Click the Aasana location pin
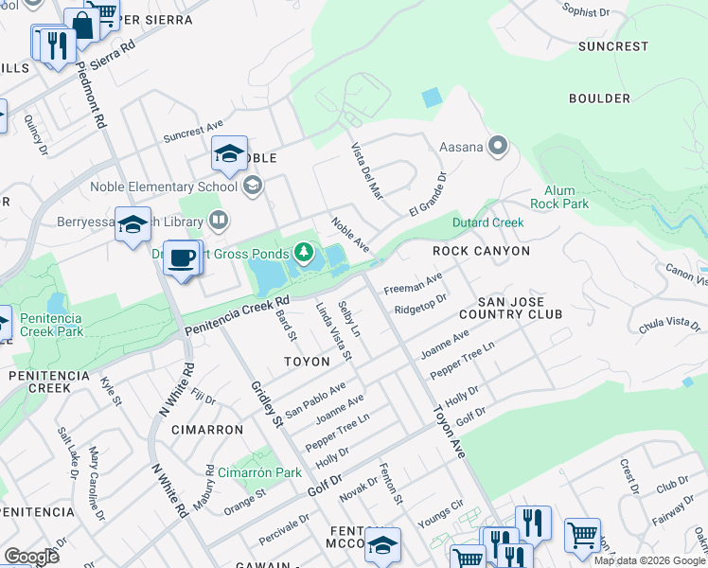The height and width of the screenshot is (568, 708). point(499,147)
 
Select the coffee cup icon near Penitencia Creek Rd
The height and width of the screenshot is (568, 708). point(182,257)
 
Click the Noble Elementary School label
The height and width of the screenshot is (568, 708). point(165,186)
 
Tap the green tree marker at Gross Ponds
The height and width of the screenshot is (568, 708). point(304,252)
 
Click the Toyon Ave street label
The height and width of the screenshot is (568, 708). point(451,433)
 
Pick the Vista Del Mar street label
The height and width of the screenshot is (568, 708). point(366,171)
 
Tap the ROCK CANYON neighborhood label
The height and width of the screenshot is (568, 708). point(481,251)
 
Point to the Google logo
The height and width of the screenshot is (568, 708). point(31,556)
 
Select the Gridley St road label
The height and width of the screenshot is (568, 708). point(266,402)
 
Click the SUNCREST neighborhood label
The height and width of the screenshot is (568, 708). point(613,45)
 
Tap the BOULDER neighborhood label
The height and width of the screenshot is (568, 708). point(599,98)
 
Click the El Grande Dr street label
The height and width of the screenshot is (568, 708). point(427,192)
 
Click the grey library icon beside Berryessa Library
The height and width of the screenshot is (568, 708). point(219,222)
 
